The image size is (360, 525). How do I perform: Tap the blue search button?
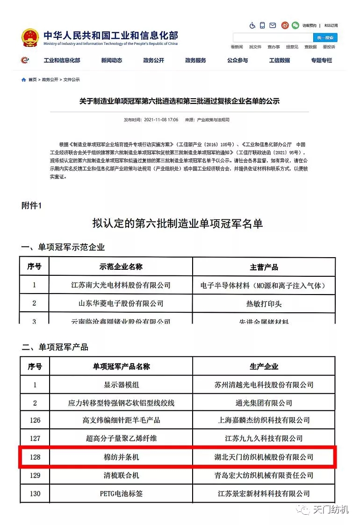325,37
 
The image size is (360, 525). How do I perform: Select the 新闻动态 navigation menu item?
111,60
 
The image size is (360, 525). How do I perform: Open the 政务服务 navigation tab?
195,60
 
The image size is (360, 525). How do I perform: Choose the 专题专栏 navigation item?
321,60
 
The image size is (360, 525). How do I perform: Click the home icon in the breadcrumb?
24,79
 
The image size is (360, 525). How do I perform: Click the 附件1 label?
32,205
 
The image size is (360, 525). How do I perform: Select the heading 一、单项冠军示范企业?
63,247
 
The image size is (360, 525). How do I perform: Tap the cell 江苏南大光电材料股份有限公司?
121,285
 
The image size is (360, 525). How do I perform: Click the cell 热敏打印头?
264,303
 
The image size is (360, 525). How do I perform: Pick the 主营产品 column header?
264,267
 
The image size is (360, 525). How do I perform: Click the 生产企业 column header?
264,367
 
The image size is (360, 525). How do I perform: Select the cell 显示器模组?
121,385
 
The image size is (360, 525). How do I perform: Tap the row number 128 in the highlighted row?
35,457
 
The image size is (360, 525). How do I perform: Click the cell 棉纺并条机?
121,457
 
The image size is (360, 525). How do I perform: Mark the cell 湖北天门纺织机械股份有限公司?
264,457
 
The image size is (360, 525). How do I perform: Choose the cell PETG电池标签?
121,493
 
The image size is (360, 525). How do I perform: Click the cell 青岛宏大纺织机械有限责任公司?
264,475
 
